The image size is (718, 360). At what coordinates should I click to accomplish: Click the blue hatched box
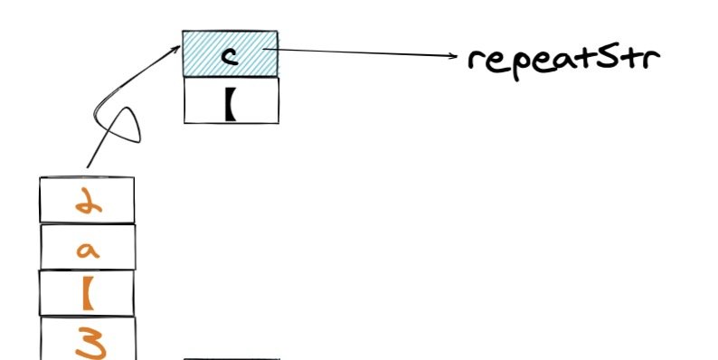pos(230,53)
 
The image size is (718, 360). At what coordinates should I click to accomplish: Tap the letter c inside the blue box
pos(230,56)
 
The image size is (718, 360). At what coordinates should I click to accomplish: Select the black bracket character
pos(231,103)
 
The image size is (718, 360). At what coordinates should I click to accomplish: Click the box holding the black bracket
pos(231,100)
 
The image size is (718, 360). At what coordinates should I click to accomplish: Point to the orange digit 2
pos(89,199)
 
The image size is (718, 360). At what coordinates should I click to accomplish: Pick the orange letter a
pos(88,250)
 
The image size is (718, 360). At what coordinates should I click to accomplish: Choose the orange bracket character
pos(88,293)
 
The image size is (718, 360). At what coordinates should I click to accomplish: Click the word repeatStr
pos(563,62)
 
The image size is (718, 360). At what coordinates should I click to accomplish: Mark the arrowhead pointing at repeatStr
pos(453,56)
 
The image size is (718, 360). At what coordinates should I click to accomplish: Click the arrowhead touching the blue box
pos(175,49)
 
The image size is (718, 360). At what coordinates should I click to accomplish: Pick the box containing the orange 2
pos(87,200)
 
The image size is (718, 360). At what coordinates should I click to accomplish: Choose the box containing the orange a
pos(88,246)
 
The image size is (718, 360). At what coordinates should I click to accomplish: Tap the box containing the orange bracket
pos(87,293)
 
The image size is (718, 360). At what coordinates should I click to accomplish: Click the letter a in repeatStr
pos(562,61)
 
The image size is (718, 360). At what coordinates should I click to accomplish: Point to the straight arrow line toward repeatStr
pos(360,52)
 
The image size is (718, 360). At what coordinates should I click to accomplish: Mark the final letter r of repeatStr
pos(652,59)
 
